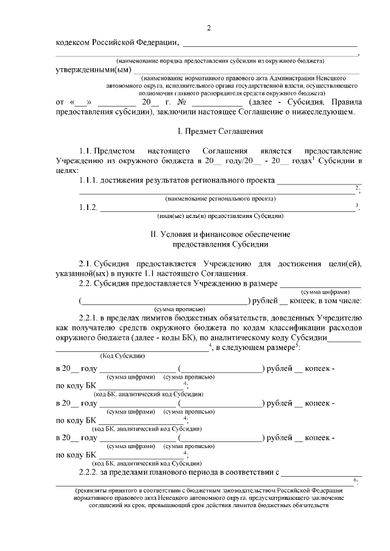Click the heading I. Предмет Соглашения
[x=211, y=131]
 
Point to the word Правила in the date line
[x=347, y=102]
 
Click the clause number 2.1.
[x=87, y=263]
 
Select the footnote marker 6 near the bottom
[x=355, y=480]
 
